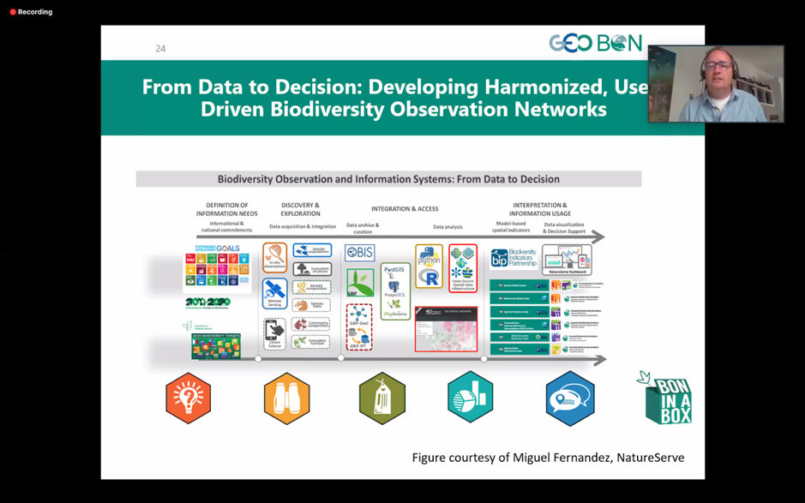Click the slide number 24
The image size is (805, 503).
pos(160,49)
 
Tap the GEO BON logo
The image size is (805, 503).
pos(595,44)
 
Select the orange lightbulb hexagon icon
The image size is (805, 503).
pos(189,398)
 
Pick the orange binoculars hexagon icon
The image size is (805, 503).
pos(286,398)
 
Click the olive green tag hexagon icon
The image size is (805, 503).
pos(382,398)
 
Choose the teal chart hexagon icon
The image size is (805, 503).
pos(470,398)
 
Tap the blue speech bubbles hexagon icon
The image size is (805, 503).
pos(569,398)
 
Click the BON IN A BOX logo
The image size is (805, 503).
pos(666,398)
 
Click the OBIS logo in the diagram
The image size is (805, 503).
pos(360,253)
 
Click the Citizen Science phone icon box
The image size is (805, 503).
pos(274,333)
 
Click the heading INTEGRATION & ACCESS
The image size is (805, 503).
pos(405,209)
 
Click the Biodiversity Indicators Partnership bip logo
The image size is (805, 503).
pos(513,259)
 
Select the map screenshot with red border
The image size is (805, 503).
pos(446,329)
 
